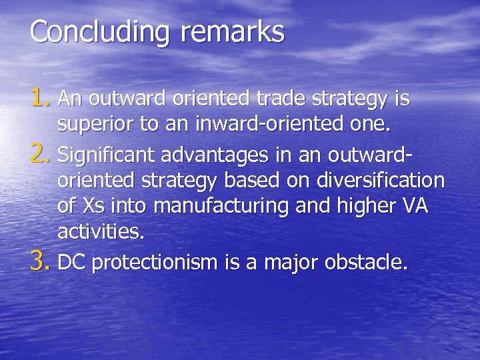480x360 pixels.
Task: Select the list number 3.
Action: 41,262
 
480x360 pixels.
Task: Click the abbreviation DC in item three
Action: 72,263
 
